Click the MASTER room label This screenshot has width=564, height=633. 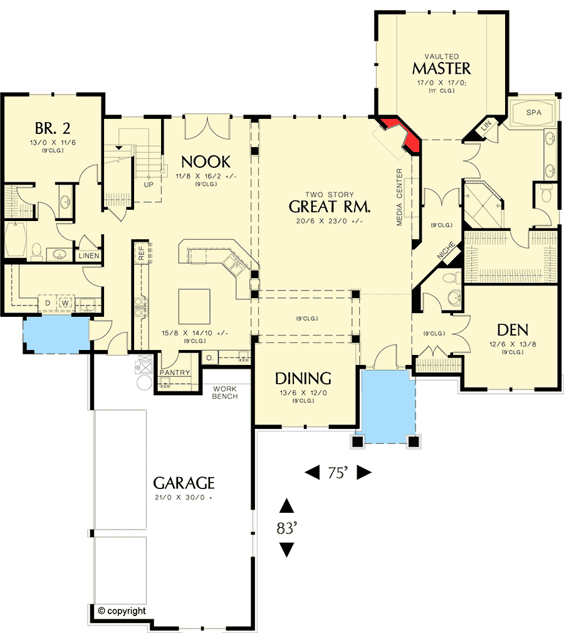tap(441, 68)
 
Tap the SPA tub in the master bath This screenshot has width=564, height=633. tap(533, 113)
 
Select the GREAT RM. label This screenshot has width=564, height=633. tap(330, 207)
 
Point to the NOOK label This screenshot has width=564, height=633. tap(206, 162)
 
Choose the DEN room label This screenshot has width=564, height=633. tap(512, 330)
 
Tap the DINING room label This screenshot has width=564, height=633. tap(303, 378)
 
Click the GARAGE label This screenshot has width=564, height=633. tap(184, 483)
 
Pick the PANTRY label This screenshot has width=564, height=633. tap(174, 373)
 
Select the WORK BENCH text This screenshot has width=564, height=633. tap(224, 393)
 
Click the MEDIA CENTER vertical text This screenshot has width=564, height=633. tap(399, 197)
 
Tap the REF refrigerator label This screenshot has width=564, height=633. tap(142, 252)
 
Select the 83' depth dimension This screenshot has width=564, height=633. tap(286, 528)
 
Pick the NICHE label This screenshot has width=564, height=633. tap(446, 251)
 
